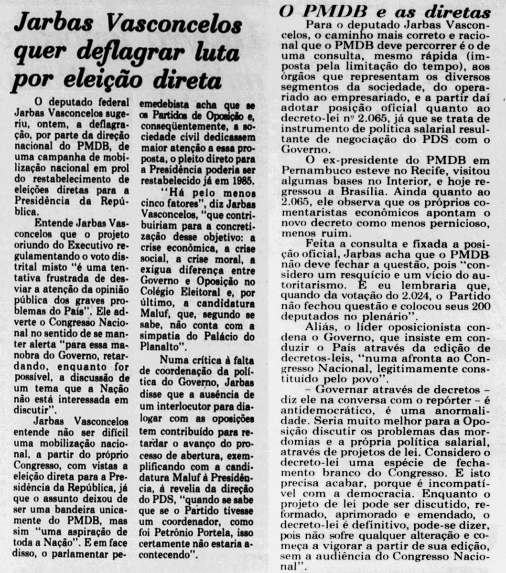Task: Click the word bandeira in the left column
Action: click(x=68, y=508)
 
